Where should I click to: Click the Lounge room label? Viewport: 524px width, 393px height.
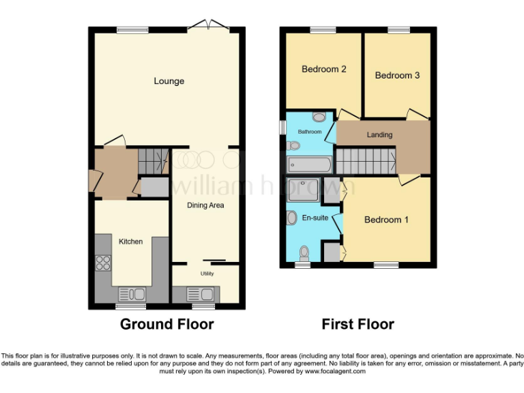pos(169,81)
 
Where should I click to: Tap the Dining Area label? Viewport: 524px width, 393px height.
pos(205,205)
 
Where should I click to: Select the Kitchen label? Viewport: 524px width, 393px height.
pos(130,242)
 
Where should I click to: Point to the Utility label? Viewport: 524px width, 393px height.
pos(207,274)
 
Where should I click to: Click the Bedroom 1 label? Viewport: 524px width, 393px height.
pos(386,220)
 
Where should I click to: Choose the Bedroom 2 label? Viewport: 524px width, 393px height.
pos(324,69)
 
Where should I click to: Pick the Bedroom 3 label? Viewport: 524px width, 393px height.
pos(397,75)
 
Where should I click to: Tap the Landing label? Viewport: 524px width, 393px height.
pos(379,134)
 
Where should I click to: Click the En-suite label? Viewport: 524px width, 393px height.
pos(315,218)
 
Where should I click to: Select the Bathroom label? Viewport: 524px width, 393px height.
pos(309,131)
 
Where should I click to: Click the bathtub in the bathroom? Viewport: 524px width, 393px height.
pos(310,164)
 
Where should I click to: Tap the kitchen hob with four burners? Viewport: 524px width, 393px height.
pos(104,263)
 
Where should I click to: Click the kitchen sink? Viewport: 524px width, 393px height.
pos(132,294)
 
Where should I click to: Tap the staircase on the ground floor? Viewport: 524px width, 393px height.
pos(152,162)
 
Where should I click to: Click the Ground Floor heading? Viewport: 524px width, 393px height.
pos(166,324)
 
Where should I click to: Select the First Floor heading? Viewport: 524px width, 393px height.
pos(358,324)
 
